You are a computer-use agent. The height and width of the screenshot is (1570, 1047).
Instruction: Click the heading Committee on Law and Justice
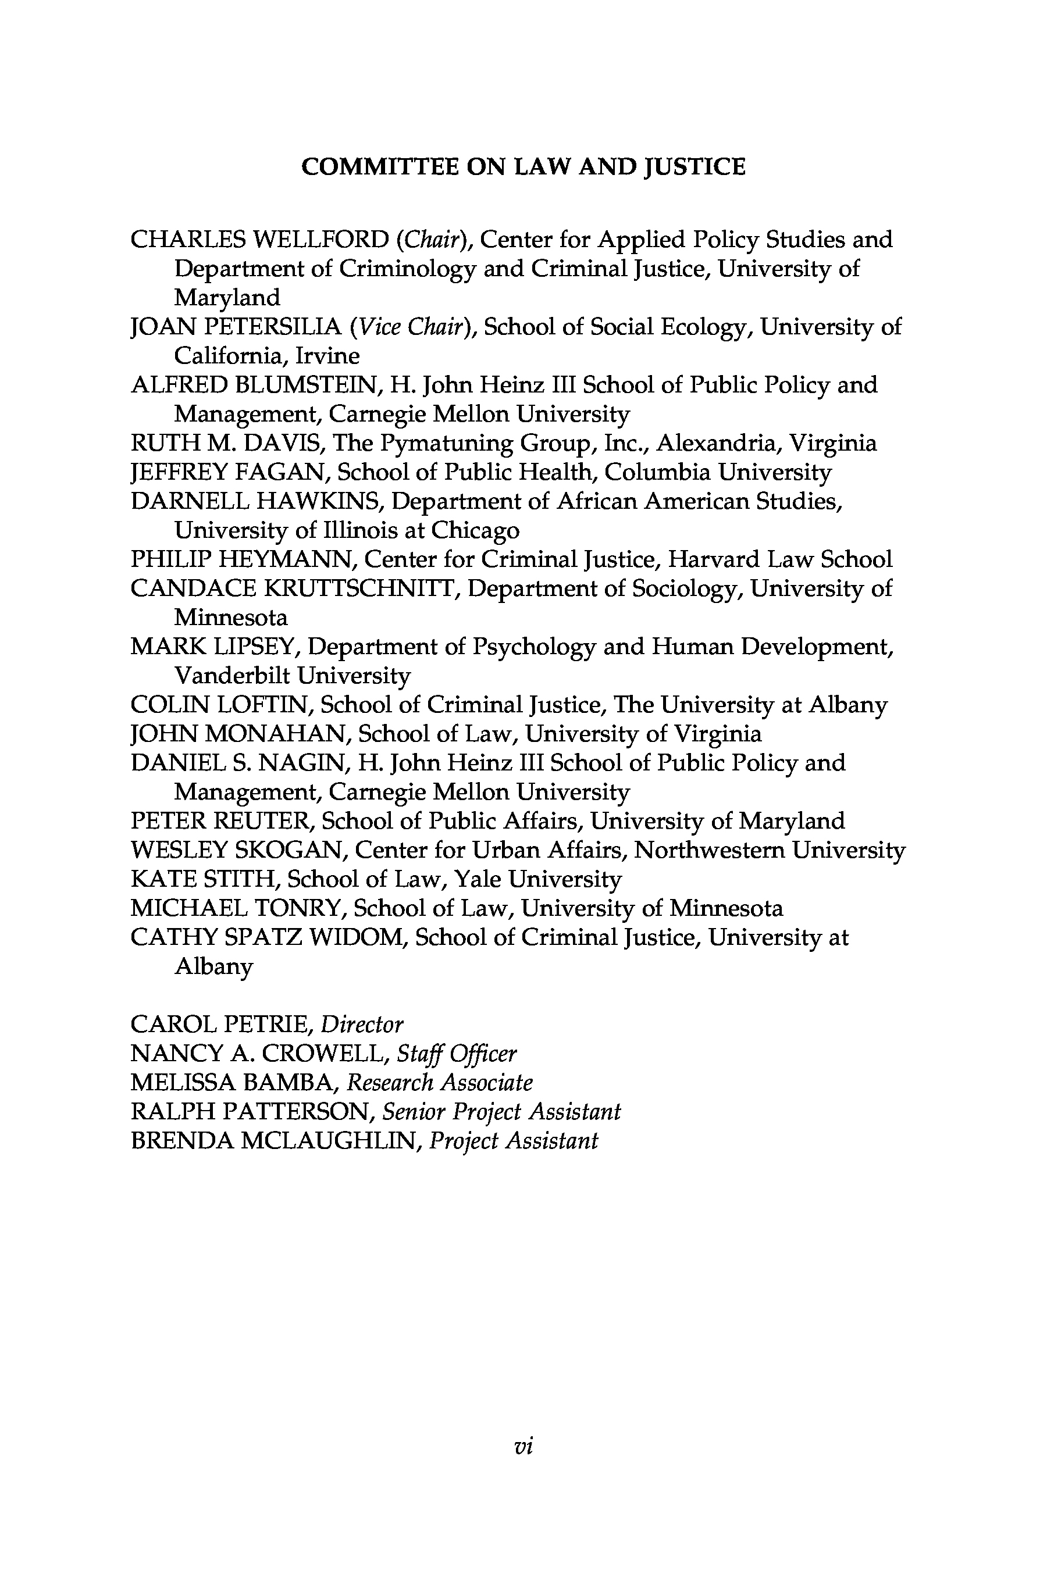click(523, 167)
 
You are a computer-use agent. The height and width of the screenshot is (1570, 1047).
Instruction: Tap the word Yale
click(477, 880)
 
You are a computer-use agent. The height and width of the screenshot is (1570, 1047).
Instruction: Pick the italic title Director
click(362, 1025)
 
